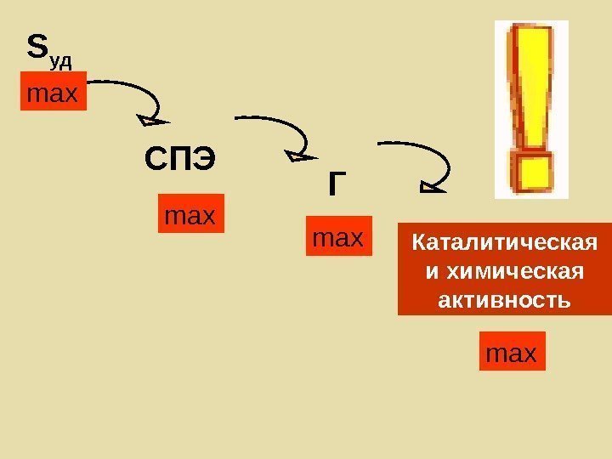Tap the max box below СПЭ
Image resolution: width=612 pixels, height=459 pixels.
190,216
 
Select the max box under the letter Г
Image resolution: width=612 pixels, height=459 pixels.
337,239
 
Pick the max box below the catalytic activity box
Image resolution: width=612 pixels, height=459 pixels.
512,352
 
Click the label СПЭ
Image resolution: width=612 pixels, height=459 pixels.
180,159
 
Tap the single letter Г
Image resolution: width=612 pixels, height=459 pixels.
338,184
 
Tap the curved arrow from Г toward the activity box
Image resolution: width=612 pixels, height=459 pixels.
416,153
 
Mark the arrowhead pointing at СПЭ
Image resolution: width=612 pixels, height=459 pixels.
155,126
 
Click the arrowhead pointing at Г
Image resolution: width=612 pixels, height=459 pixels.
299,156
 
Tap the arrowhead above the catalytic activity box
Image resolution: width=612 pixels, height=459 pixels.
433,182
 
